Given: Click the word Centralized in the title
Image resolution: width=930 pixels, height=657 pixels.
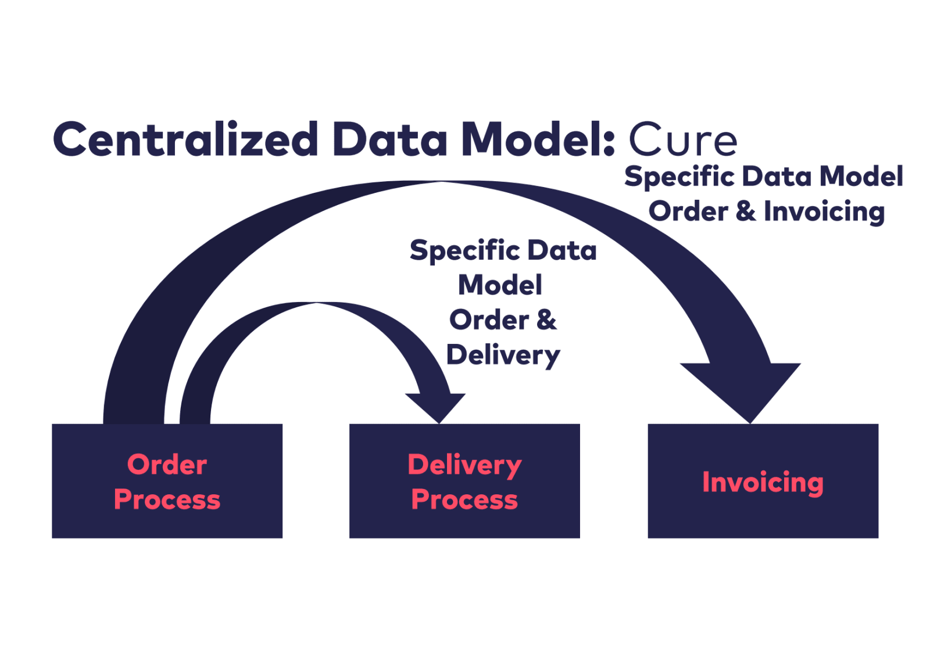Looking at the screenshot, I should coord(185,139).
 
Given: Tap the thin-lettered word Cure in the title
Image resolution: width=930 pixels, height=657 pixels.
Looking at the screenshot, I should coord(683,140).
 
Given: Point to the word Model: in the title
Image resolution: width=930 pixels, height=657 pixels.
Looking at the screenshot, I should coord(538,139).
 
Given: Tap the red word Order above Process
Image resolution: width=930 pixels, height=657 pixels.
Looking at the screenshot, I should coord(167,465).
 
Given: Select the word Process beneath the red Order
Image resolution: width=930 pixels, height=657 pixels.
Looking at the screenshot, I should coord(167,500).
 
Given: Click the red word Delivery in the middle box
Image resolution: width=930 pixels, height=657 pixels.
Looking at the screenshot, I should coord(464,465).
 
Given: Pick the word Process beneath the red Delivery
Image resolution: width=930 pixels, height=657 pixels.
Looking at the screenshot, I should coord(464,500).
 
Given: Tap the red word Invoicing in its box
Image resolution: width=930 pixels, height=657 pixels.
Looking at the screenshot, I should coord(763,482).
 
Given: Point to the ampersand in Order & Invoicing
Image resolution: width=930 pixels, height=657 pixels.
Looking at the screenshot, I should coord(746,211).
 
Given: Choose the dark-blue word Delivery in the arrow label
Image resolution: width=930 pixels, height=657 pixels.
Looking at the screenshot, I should coord(503,355).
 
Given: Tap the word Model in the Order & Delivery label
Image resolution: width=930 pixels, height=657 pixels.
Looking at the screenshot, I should coord(500,285).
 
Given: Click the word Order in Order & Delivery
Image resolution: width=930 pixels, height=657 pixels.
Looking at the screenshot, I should coord(489,320).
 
